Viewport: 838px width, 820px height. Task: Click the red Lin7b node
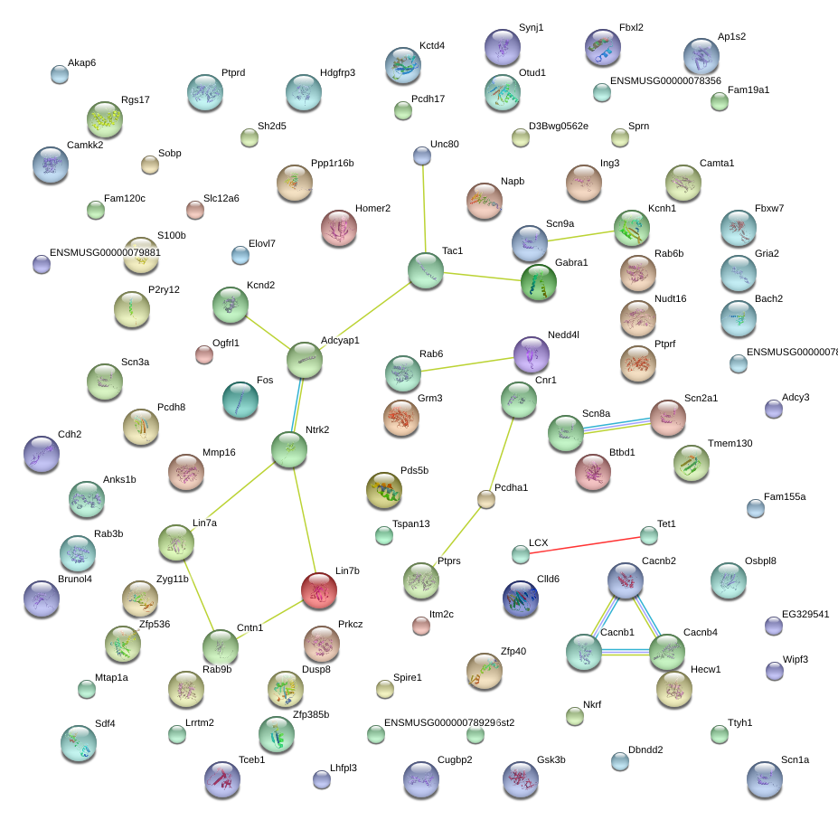point(318,589)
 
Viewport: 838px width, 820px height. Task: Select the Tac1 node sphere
point(425,270)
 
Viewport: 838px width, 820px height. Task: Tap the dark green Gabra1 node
point(539,282)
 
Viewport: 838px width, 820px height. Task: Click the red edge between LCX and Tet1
point(584,544)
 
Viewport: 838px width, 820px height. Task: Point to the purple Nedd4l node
point(531,354)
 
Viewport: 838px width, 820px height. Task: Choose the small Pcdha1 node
point(486,498)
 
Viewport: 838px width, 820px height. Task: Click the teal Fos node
point(240,400)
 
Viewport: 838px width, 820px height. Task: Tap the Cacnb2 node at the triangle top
point(625,580)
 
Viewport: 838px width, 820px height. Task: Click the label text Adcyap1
point(340,341)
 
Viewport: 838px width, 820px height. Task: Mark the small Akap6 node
point(60,74)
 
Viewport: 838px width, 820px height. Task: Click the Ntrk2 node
point(289,448)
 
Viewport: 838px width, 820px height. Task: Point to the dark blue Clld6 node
point(520,599)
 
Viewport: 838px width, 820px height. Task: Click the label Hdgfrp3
point(337,73)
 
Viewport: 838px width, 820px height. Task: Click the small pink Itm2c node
point(420,625)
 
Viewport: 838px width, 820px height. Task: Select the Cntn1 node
point(220,646)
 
